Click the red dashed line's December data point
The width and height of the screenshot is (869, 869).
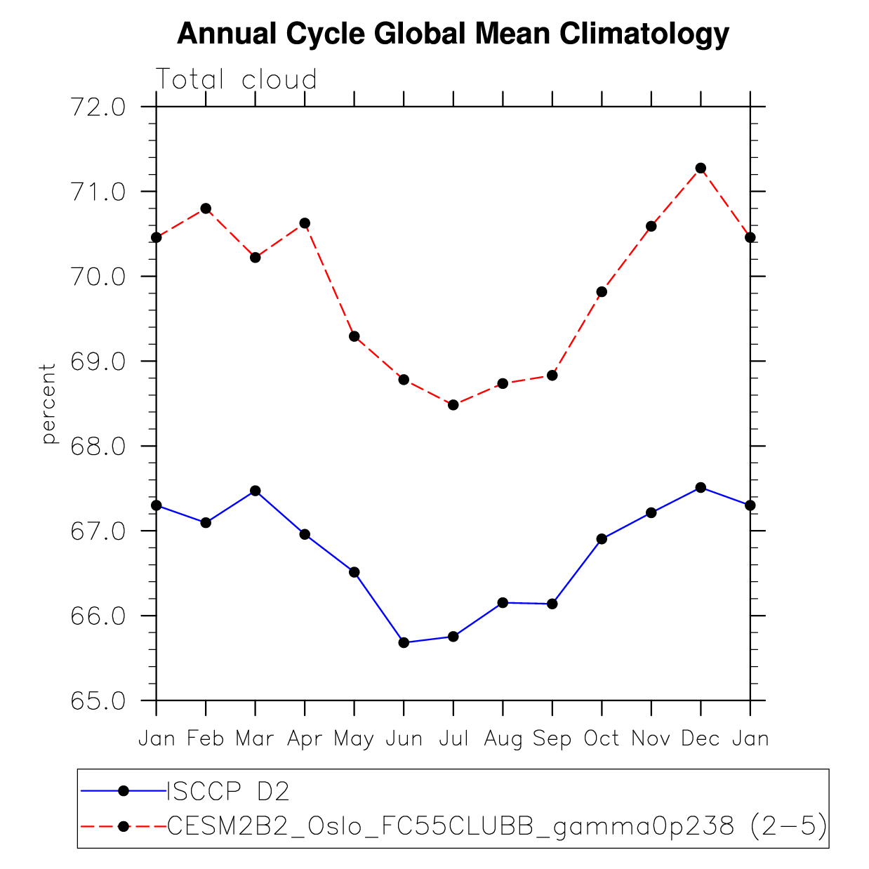tap(701, 168)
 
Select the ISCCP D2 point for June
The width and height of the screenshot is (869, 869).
tap(404, 642)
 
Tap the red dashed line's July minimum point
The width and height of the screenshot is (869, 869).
tap(453, 405)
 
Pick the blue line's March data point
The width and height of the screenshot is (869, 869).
tap(256, 491)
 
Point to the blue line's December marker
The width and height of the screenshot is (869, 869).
tap(701, 487)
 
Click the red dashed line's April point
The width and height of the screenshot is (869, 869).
tap(305, 223)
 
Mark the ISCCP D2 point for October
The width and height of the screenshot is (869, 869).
tap(602, 539)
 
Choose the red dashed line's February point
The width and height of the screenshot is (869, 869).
tap(206, 208)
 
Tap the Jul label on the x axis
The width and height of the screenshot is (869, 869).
tap(453, 738)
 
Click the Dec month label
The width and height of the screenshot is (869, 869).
tap(701, 738)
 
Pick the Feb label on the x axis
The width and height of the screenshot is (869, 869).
tap(206, 738)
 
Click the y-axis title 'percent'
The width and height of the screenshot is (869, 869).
tap(48, 404)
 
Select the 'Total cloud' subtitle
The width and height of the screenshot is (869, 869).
tap(237, 79)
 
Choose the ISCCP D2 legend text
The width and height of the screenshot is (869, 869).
tap(228, 791)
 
